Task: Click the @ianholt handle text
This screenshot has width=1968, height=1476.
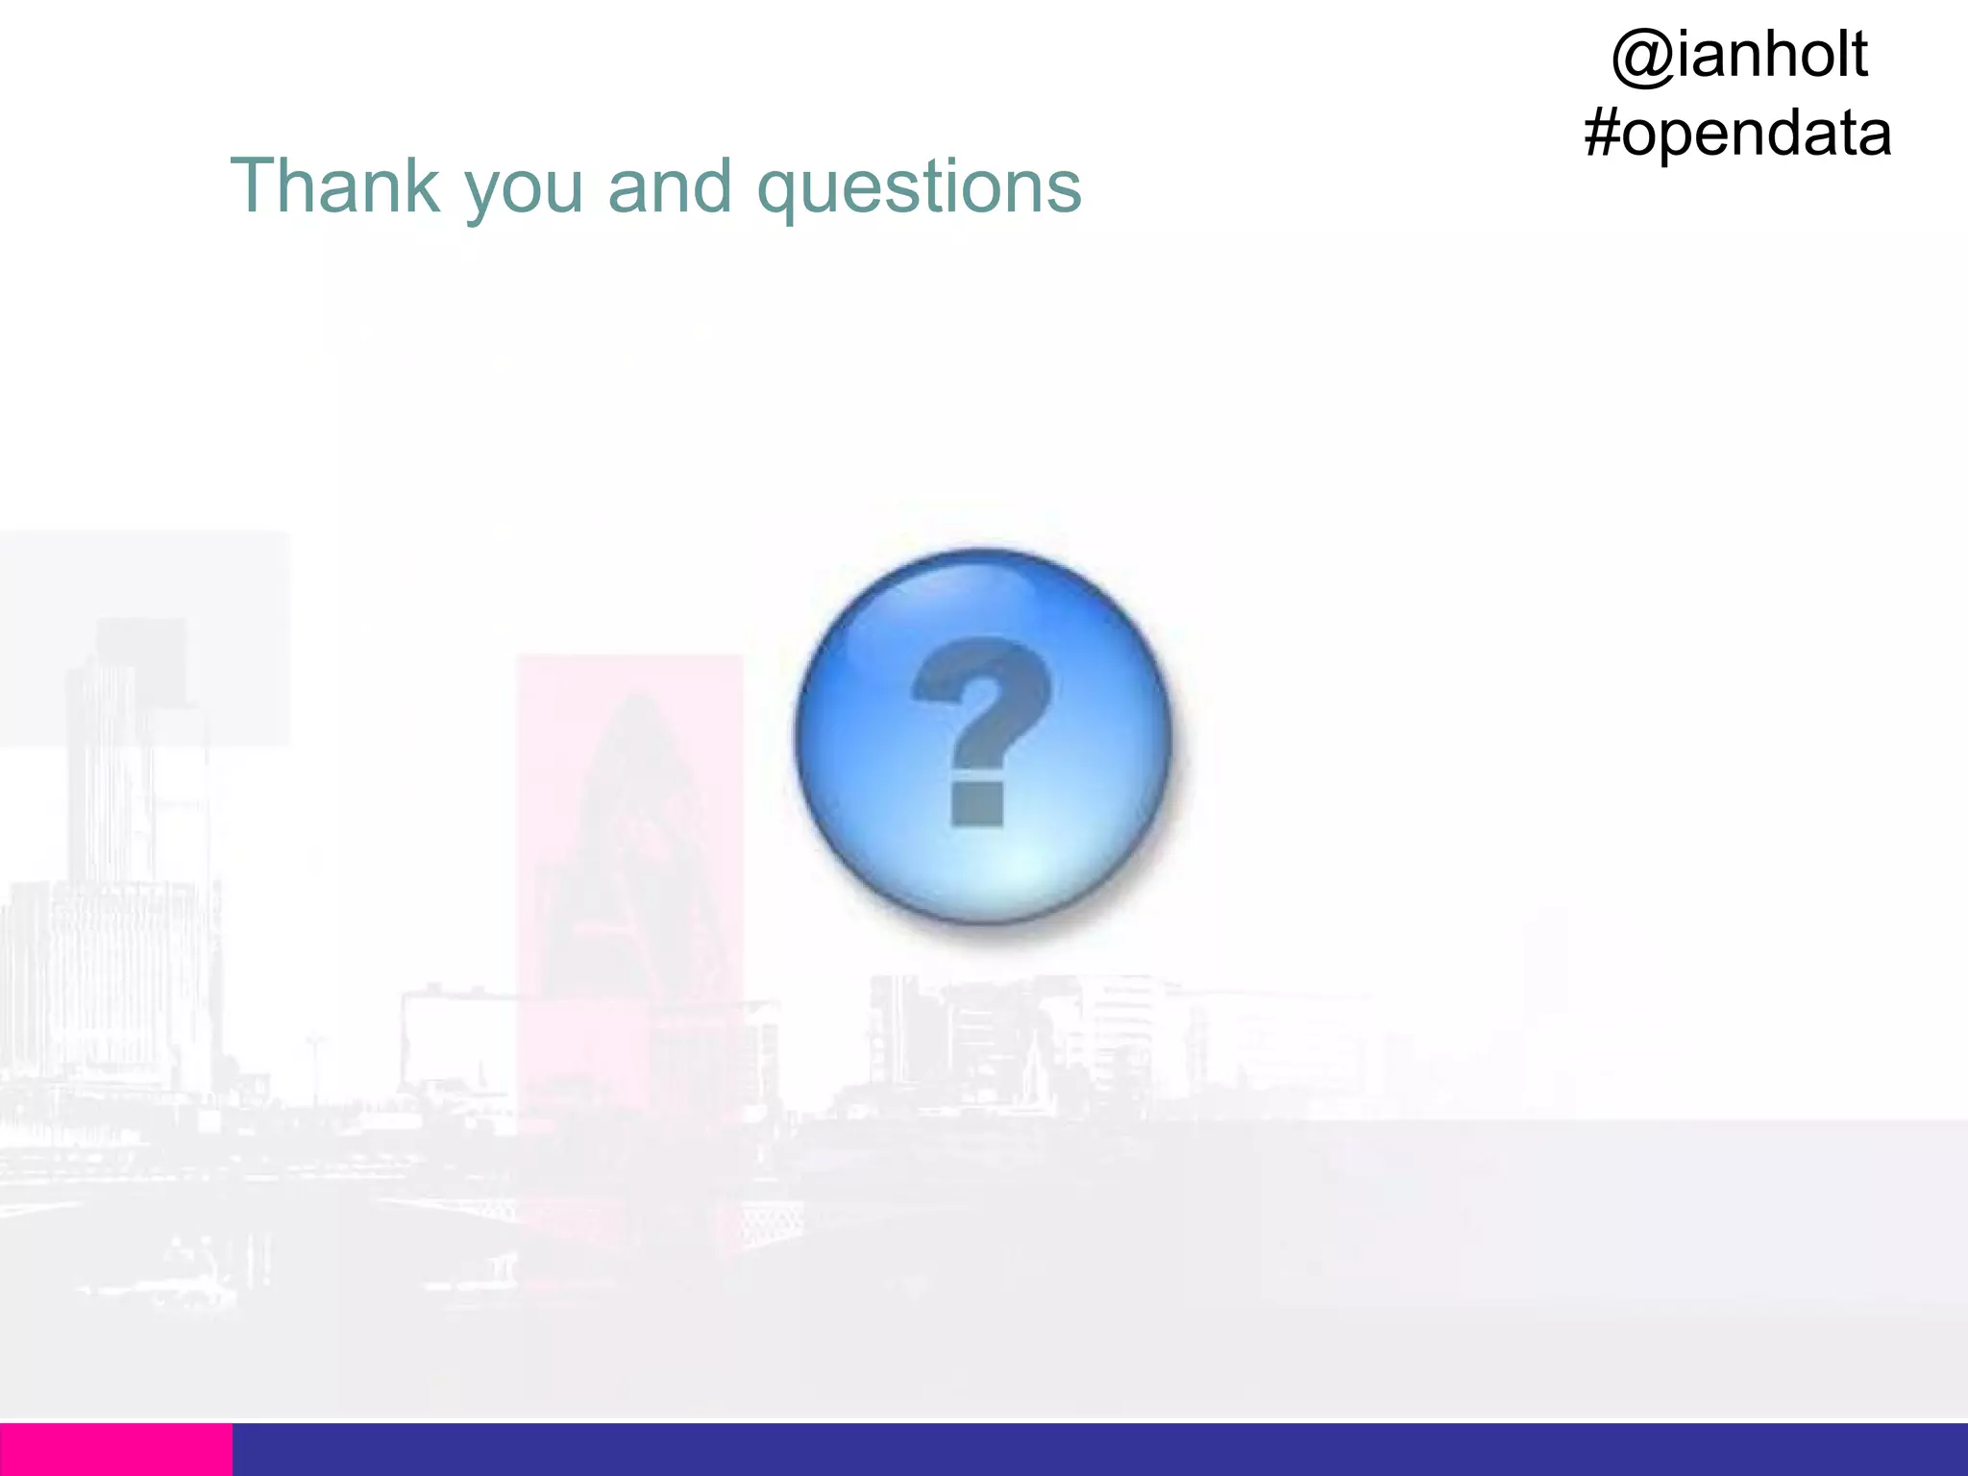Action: tap(1738, 55)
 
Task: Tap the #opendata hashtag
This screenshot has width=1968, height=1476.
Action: tap(1737, 135)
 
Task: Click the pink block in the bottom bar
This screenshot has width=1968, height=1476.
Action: tap(115, 1449)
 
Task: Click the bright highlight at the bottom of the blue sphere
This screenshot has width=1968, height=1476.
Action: tap(1009, 870)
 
